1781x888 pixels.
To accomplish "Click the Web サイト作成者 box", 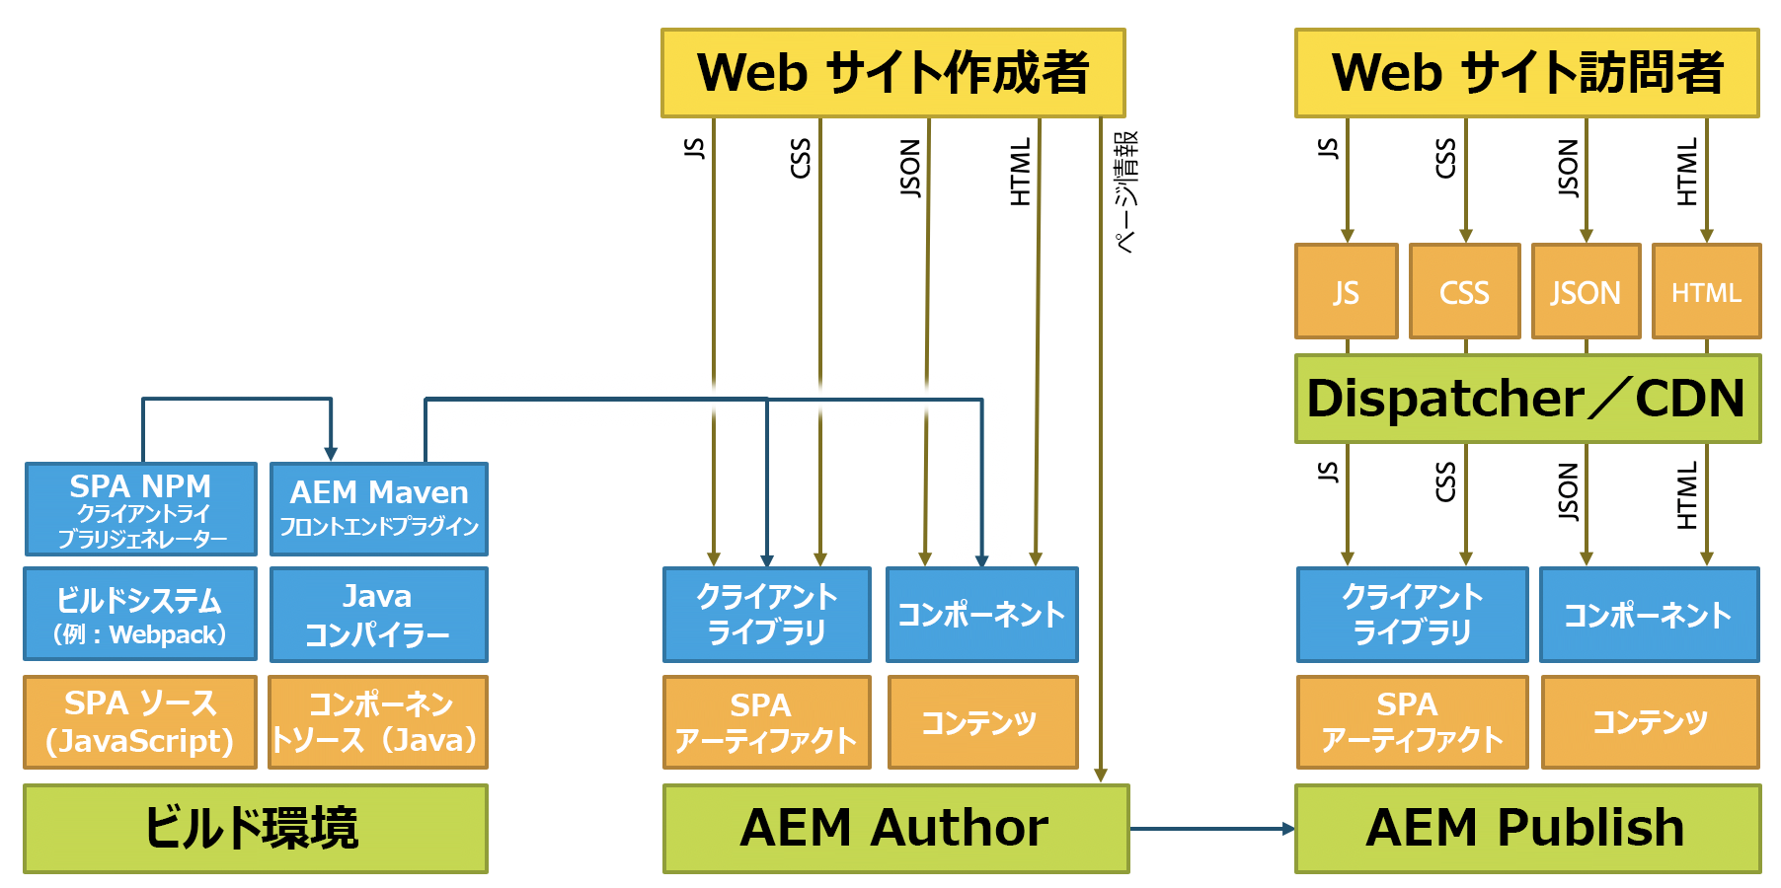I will (x=892, y=73).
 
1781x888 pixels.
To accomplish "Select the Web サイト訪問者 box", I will (x=1526, y=73).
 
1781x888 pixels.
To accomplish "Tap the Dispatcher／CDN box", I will (x=1526, y=399).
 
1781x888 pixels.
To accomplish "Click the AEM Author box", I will (x=894, y=828).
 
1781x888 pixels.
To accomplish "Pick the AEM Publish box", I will (x=1526, y=828).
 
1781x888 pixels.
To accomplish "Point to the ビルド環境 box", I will (x=255, y=828).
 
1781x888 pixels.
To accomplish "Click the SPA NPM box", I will (x=140, y=509).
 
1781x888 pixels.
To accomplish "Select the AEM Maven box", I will (x=378, y=509).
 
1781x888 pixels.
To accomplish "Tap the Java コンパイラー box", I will (x=378, y=614).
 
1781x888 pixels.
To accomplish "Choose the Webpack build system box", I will (x=140, y=614).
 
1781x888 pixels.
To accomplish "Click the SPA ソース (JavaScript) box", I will (x=140, y=721).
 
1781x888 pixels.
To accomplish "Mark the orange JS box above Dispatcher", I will (x=1346, y=292).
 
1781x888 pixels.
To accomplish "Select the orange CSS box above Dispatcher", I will (x=1464, y=292).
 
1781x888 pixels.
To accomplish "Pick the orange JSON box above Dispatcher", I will (x=1585, y=292).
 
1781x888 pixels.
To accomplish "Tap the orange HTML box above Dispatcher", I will (x=1706, y=292).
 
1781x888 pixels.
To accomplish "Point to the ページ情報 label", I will (x=1125, y=193).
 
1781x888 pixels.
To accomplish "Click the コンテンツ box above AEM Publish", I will (x=1650, y=721).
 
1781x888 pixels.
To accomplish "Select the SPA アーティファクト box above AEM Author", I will (x=766, y=721).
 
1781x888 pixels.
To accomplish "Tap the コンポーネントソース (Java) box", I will (x=378, y=721).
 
